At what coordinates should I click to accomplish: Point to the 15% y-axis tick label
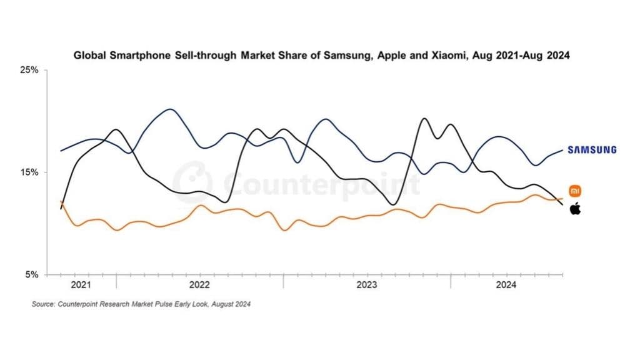pyautogui.click(x=31, y=172)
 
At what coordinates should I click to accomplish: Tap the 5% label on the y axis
pyautogui.click(x=32, y=274)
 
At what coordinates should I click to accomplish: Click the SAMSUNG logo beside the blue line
pyautogui.click(x=591, y=149)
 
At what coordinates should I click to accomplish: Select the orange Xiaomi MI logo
pyautogui.click(x=575, y=191)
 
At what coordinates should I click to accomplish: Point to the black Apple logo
pyautogui.click(x=575, y=209)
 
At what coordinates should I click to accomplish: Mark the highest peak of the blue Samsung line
pyautogui.click(x=171, y=109)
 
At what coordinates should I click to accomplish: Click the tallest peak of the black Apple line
pyautogui.click(x=424, y=118)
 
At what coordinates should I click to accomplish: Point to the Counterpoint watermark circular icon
pyautogui.click(x=192, y=181)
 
